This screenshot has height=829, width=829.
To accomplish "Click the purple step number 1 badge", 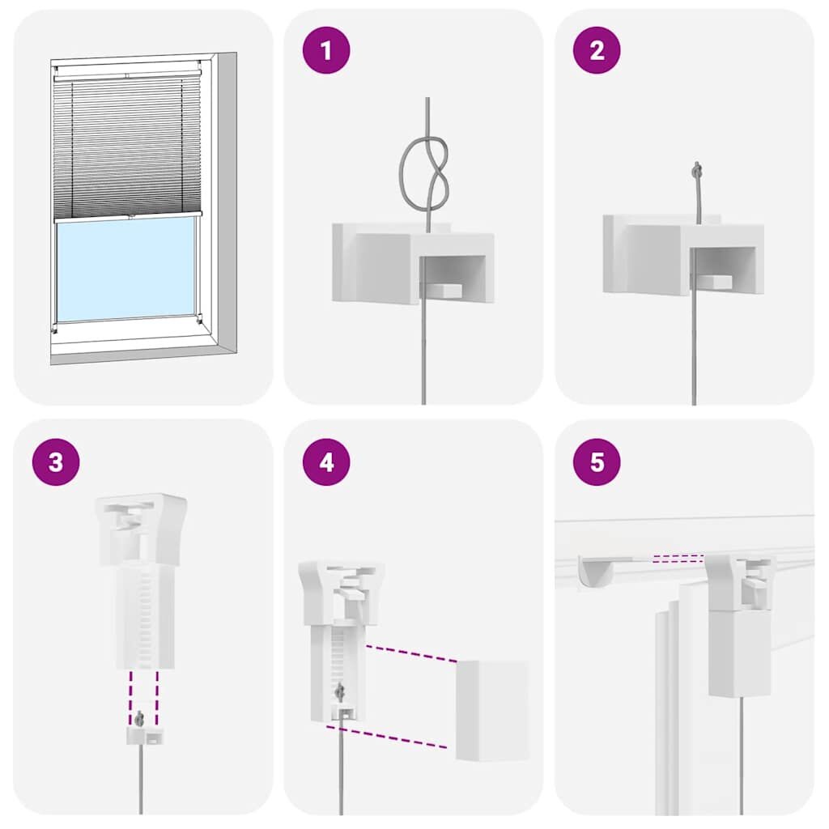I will pos(326,50).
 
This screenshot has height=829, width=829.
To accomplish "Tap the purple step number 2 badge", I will pos(597,50).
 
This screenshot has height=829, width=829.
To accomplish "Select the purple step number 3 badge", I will pos(56,462).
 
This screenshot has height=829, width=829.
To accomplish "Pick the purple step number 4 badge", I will pos(326,462).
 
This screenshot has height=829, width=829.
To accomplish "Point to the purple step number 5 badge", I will pos(597,462).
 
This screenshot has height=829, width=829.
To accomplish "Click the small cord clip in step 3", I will pos(142,735).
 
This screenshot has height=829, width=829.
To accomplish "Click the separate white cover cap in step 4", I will pos(491,710).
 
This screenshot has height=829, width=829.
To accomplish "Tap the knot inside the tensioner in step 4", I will pos(339,692).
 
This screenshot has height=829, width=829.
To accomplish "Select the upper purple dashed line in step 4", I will pos(411,653).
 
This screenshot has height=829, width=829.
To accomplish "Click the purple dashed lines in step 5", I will pos(678,557).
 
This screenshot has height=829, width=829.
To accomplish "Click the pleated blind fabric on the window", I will pos(125,146).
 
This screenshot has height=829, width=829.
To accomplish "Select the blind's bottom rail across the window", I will pos(125,218).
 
